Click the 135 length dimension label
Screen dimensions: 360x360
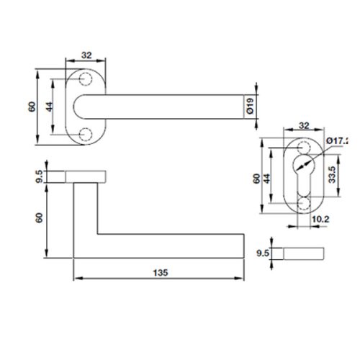[160, 273]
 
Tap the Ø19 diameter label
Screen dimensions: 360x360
[248, 107]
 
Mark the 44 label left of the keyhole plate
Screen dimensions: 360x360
[267, 178]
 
